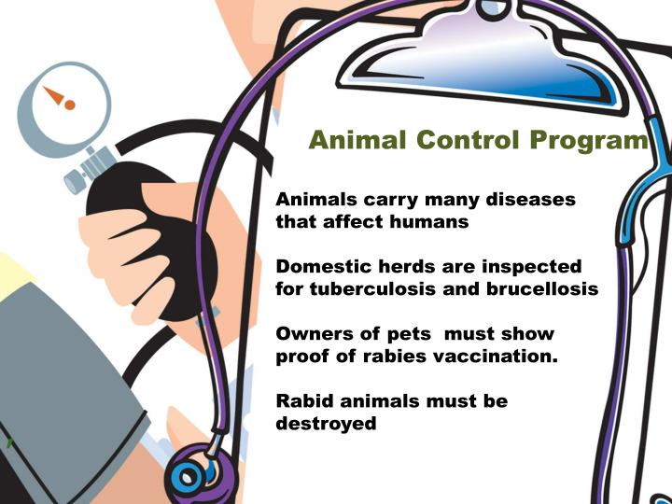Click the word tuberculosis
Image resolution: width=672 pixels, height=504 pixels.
(x=357, y=289)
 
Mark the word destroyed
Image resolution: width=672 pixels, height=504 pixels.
(x=327, y=424)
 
